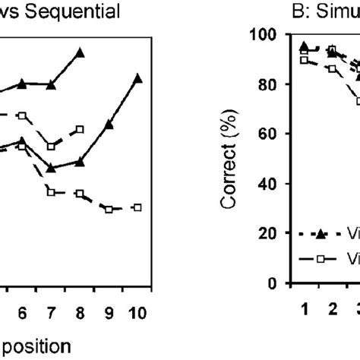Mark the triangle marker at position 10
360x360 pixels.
click(x=137, y=77)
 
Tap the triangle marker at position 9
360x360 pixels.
click(x=109, y=124)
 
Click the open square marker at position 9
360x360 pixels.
click(x=109, y=209)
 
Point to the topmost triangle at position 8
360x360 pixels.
click(x=80, y=52)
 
